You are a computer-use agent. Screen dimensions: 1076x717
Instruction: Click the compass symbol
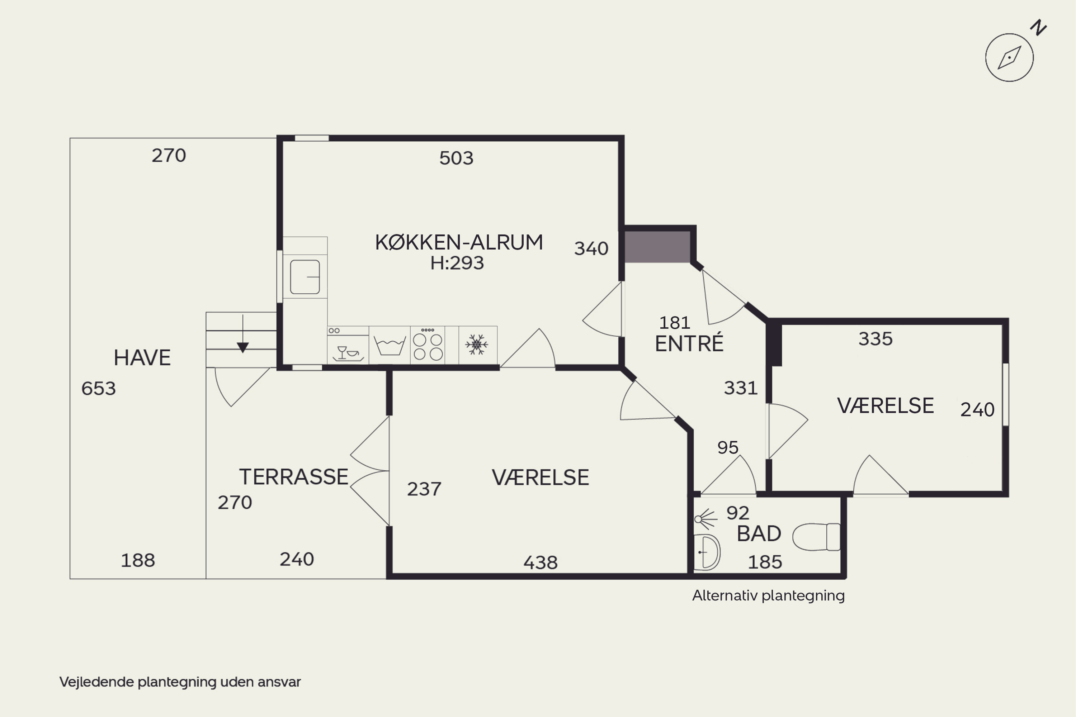tap(1009, 58)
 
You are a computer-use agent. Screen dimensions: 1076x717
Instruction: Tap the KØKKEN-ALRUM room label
tap(459, 242)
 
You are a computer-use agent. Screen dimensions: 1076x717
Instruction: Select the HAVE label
tap(142, 357)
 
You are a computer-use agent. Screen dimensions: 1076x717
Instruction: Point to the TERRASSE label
tap(294, 477)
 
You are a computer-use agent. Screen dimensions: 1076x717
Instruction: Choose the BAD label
tap(759, 534)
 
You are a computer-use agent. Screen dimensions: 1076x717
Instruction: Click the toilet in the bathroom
tap(817, 537)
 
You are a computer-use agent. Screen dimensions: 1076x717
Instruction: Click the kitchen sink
tap(305, 277)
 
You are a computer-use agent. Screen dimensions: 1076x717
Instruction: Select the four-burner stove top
tap(428, 345)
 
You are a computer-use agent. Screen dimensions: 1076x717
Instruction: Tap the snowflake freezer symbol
tap(477, 344)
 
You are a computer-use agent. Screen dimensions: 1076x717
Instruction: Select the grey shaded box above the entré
tap(657, 247)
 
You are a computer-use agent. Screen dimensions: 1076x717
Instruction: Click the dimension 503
tap(456, 158)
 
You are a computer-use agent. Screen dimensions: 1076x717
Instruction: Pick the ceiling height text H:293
tap(457, 263)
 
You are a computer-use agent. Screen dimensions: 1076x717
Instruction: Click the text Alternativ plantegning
tap(769, 596)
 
